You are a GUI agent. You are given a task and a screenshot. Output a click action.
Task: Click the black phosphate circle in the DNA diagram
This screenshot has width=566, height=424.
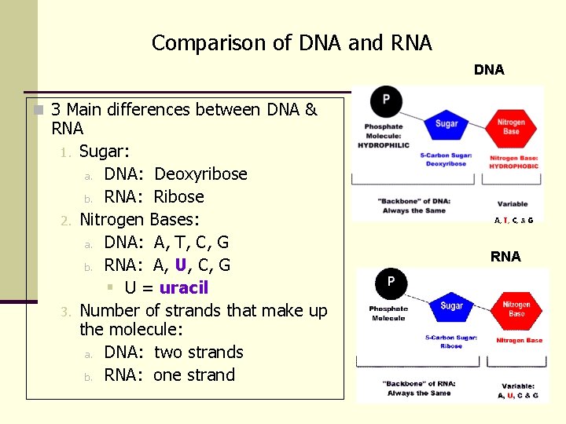click(x=386, y=101)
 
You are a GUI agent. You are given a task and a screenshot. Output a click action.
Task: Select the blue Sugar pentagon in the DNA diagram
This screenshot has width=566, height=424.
click(x=446, y=124)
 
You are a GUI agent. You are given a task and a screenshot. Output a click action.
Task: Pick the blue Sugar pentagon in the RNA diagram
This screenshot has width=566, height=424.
click(x=451, y=305)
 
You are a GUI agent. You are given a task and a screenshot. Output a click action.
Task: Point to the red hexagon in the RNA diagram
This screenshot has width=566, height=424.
click(x=516, y=309)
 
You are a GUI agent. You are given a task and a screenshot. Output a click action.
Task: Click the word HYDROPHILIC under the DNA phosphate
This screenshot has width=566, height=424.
click(x=383, y=145)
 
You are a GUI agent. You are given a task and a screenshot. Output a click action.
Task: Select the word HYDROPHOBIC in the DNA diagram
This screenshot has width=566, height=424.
click(x=514, y=166)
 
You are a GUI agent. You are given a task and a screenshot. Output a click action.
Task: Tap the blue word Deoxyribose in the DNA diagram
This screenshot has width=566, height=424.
click(x=446, y=164)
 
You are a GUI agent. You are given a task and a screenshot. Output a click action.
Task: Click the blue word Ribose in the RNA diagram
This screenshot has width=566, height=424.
click(x=451, y=346)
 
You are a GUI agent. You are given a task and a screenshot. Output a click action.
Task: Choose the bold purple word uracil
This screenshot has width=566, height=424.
click(x=183, y=287)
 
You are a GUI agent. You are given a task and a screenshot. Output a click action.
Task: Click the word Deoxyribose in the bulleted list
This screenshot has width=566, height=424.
click(x=200, y=174)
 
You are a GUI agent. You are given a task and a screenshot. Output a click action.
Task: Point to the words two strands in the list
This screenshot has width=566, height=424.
click(x=198, y=353)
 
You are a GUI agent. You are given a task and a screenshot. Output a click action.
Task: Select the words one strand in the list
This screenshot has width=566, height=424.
click(x=194, y=375)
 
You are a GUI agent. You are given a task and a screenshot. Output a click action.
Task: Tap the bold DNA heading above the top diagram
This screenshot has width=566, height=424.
click(x=489, y=70)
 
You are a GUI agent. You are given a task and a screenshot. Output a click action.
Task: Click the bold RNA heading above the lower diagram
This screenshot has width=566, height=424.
click(x=505, y=257)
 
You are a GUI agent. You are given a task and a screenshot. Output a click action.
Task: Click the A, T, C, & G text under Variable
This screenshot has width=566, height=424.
click(x=513, y=221)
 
